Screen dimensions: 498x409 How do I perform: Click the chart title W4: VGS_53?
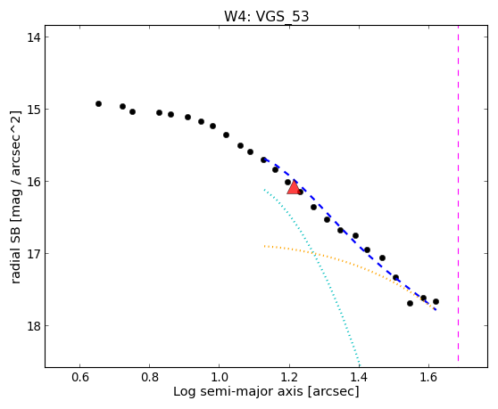point(267,17)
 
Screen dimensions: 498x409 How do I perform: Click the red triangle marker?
point(294,187)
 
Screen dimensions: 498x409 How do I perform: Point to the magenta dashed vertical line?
point(458,193)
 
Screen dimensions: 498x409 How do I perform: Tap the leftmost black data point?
point(98,103)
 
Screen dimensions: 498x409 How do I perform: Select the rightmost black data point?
point(436,301)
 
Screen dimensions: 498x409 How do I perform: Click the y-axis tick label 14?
point(33,37)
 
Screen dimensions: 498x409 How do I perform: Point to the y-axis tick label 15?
point(33,110)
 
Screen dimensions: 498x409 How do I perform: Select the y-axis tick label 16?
point(33,182)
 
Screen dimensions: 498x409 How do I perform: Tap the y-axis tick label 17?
point(33,254)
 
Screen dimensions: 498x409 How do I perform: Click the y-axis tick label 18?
point(33,326)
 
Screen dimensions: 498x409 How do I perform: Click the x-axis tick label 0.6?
point(80,377)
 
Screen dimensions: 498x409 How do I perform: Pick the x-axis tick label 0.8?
point(150,377)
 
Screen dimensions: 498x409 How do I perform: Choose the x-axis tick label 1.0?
point(220,377)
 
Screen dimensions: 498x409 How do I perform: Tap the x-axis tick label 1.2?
point(289,377)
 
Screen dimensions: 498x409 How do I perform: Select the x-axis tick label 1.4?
point(359,377)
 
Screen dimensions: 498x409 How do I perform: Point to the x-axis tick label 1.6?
point(428,377)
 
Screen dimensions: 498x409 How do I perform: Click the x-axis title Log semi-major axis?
point(238,392)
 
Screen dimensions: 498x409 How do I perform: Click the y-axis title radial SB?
point(15,252)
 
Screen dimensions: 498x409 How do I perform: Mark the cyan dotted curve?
point(314,255)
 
